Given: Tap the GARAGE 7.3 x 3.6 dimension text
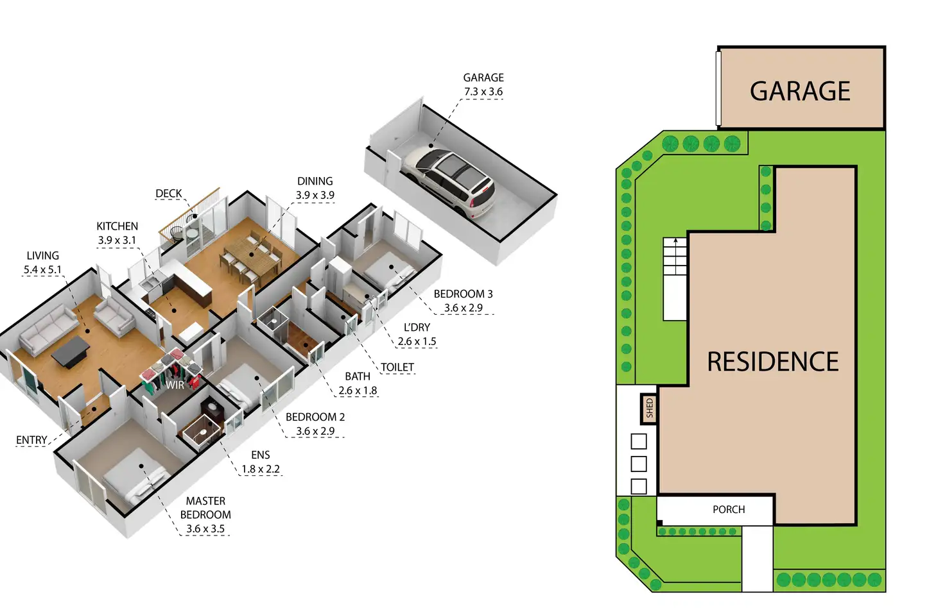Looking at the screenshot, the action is [483, 92].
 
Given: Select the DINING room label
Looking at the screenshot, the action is [315, 181].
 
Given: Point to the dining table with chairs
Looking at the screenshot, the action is [251, 256].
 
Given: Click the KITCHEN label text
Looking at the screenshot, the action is [117, 226].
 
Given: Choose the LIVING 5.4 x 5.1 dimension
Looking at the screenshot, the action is [42, 270].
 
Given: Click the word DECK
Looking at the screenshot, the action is [169, 194].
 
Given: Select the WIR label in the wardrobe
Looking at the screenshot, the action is [175, 385].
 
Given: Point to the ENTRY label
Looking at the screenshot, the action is [31, 440].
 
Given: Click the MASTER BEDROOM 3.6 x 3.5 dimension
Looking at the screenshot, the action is [205, 529].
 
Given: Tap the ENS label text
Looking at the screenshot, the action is [260, 455].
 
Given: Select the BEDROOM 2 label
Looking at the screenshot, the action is [315, 417].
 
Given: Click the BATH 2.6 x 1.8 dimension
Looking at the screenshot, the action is [358, 391].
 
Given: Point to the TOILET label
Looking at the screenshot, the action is [397, 367].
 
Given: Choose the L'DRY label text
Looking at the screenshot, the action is [417, 327].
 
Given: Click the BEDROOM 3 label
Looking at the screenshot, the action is [463, 294].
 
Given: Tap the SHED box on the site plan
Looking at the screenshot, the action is [649, 408].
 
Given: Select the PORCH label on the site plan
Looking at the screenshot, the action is [729, 510].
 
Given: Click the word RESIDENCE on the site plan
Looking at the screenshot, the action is [773, 362].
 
